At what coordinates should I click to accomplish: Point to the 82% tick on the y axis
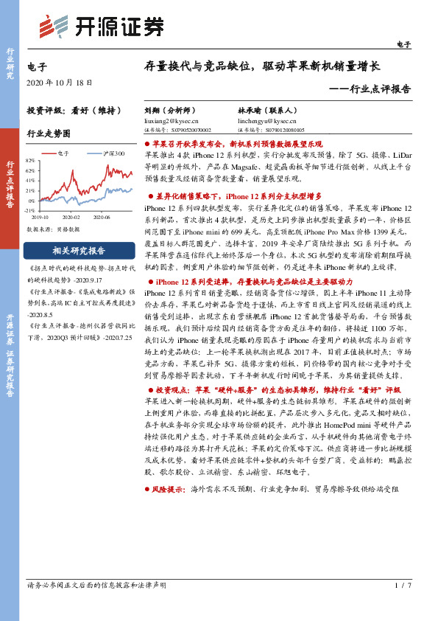tap(30, 160)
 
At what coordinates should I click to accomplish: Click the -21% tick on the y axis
tap(30, 210)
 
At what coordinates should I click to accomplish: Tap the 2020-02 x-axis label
tap(71, 218)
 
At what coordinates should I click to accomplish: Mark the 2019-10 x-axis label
tap(40, 218)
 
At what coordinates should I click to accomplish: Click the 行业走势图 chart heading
tap(49, 133)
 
